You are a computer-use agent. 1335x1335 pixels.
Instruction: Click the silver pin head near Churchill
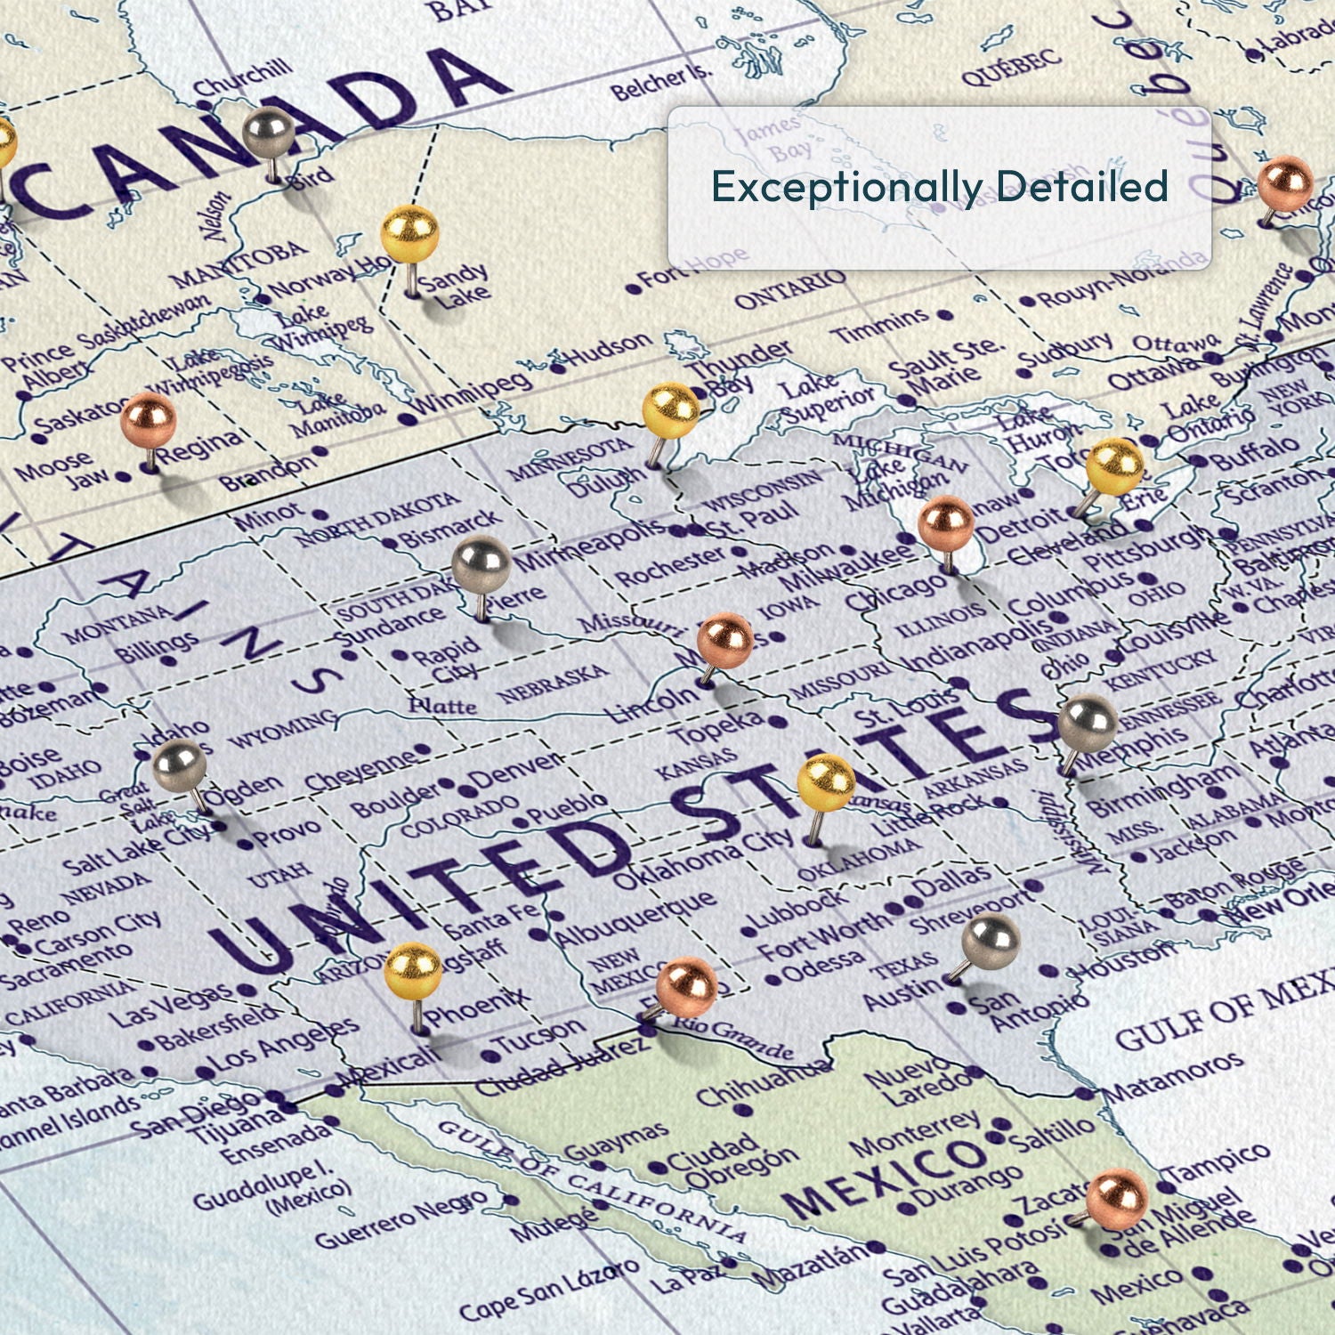(269, 133)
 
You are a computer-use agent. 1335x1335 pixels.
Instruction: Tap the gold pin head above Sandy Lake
(410, 233)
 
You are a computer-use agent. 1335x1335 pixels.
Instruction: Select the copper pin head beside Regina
(149, 419)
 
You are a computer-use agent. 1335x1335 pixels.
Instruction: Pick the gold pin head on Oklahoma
(826, 782)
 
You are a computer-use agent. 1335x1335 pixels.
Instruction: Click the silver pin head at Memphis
(1088, 724)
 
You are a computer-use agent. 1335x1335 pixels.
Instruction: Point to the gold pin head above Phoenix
(413, 971)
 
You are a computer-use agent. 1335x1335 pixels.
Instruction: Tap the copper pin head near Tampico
(1117, 1198)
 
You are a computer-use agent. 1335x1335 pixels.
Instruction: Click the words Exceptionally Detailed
(939, 187)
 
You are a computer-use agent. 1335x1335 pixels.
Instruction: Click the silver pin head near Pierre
(481, 565)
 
